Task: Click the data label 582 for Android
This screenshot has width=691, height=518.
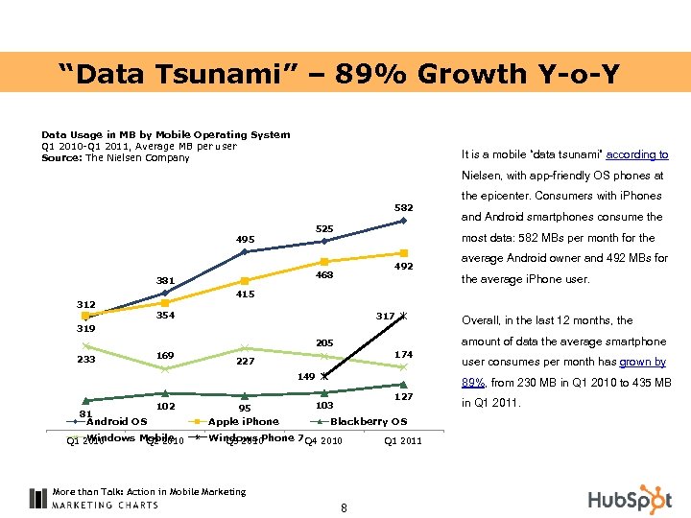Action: coord(403,207)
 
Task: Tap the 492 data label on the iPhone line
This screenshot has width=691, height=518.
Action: coord(403,267)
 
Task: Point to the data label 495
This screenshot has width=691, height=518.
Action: coord(246,240)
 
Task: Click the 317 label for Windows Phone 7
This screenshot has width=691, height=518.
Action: coord(386,316)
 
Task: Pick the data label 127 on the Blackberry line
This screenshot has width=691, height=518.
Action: coord(403,396)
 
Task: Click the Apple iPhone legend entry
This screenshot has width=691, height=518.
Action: coord(243,421)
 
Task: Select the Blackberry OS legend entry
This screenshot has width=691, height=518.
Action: coord(369,421)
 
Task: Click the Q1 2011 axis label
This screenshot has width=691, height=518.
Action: coord(402,441)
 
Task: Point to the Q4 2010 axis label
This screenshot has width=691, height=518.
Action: coord(322,441)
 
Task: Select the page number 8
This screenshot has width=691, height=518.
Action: coord(344,507)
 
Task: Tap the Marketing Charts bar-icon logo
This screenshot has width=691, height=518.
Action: coord(37,499)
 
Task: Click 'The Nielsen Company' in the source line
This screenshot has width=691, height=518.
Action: coord(138,157)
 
